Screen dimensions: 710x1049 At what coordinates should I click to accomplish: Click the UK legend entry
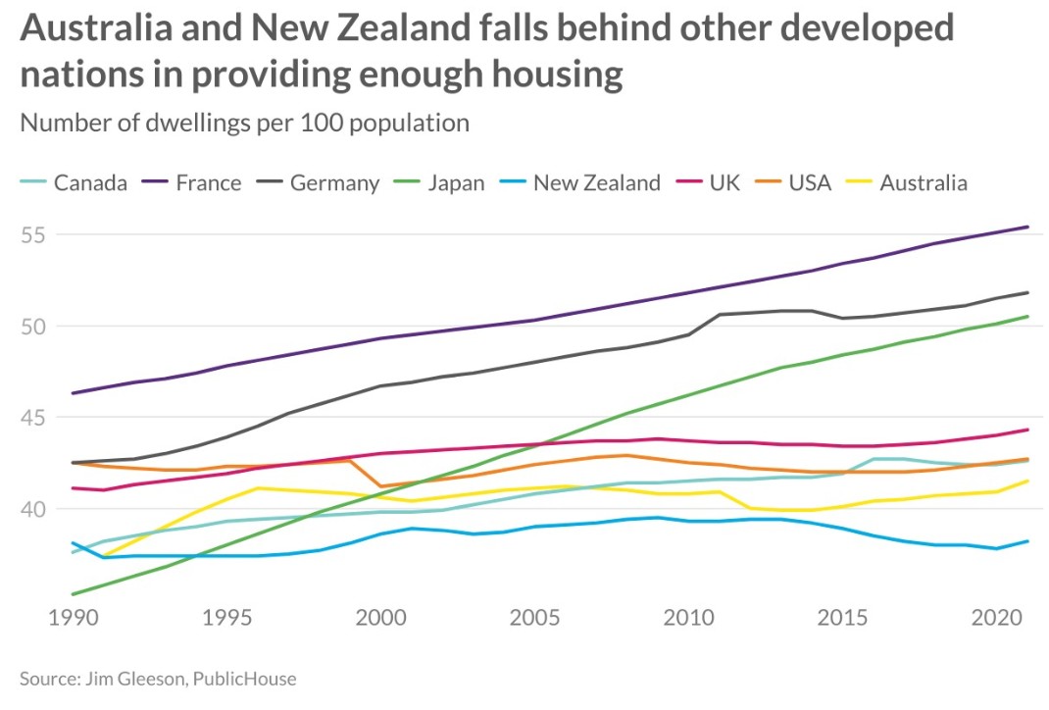(x=724, y=183)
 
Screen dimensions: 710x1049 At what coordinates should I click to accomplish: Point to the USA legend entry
(x=810, y=183)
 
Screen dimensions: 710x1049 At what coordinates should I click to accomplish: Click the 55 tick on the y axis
(x=35, y=235)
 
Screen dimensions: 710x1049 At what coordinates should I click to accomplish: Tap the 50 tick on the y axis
(x=35, y=327)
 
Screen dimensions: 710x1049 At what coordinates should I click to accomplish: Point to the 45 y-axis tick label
(x=35, y=418)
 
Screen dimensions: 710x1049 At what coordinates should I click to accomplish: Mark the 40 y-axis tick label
(x=35, y=509)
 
